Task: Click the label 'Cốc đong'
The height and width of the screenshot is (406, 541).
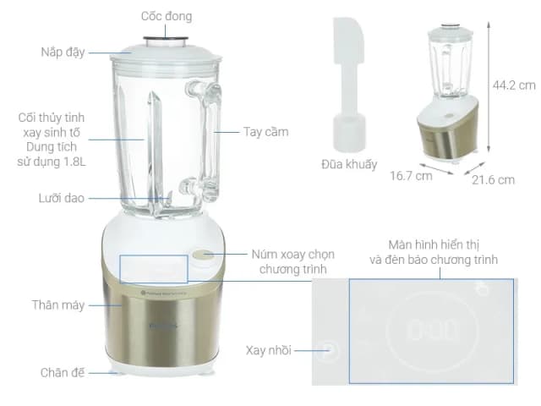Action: [x=166, y=16]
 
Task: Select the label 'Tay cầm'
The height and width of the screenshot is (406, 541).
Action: [x=265, y=132]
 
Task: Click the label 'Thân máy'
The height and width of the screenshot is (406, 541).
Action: [x=58, y=304]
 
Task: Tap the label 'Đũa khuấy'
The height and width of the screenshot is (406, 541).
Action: [x=349, y=164]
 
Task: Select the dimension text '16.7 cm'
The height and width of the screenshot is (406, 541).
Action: [x=412, y=177]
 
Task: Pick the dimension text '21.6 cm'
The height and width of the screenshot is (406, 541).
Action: [x=493, y=179]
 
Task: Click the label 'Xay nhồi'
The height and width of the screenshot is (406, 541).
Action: [x=269, y=350]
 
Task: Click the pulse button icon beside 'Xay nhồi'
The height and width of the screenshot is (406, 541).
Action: [x=325, y=350]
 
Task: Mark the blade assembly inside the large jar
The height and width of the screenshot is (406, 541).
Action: [x=160, y=203]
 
